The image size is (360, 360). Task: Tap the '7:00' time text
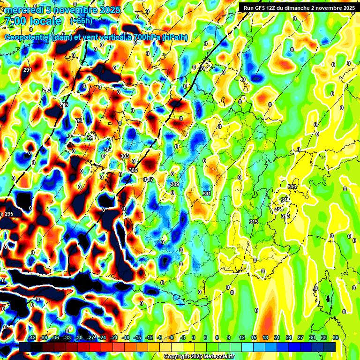coord(14,21)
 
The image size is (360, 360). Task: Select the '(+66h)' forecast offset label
coord(81,21)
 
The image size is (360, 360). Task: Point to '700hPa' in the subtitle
coord(142,37)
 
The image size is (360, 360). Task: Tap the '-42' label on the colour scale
coord(32,337)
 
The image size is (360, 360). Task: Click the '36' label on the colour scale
coord(336,337)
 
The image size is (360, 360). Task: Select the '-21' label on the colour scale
coord(113,337)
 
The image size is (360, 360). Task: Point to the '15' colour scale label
coord(254,337)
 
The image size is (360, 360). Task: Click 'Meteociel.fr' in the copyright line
coord(218,357)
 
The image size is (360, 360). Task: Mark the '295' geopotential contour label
coord(9,214)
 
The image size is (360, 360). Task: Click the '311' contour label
coord(207,194)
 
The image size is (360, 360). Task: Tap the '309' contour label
coord(175,184)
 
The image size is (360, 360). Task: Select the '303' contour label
coord(125,156)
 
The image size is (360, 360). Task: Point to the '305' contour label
coord(133,170)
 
